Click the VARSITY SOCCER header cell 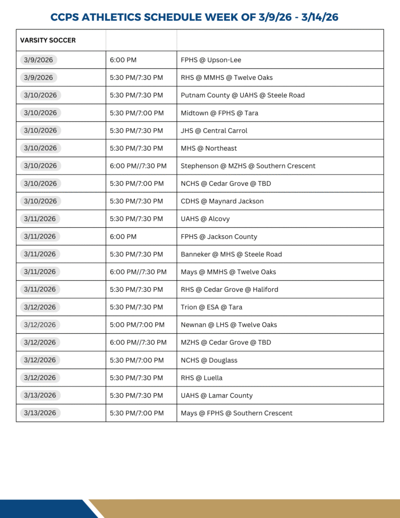(x=48, y=40)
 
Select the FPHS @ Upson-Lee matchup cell (x=211, y=60)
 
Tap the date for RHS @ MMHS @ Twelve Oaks (x=38, y=77)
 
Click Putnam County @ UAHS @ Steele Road (x=243, y=95)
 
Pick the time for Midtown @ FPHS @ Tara (x=137, y=113)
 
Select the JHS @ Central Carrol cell (x=214, y=131)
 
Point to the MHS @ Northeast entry (x=209, y=148)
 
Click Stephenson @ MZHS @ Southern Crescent (x=248, y=166)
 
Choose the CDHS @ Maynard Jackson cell (x=222, y=201)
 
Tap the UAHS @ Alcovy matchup (x=205, y=219)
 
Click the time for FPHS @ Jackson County (x=123, y=237)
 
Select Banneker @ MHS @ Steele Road (x=231, y=254)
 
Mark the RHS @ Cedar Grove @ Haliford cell (x=229, y=289)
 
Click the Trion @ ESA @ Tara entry (x=211, y=307)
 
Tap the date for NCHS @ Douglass (x=40, y=360)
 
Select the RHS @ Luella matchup (x=201, y=378)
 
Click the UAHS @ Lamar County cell (x=216, y=396)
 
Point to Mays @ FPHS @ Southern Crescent (x=237, y=413)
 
